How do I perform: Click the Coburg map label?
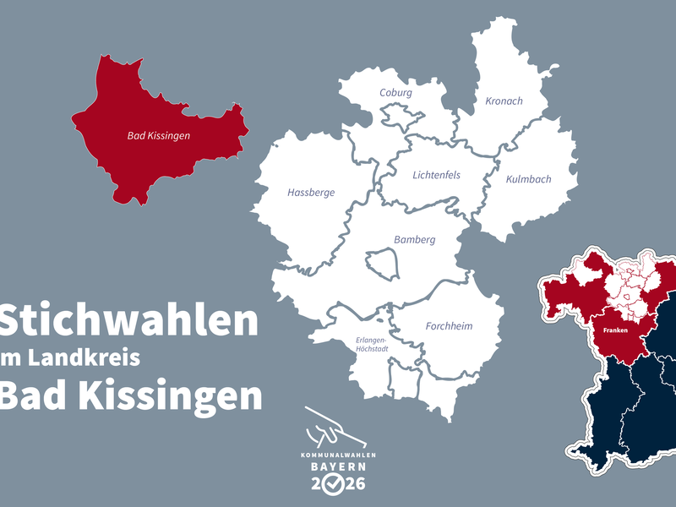pyautogui.click(x=395, y=93)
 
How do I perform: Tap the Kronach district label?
pyautogui.click(x=504, y=101)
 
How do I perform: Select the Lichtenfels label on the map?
pyautogui.click(x=436, y=176)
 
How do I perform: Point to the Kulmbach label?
pyautogui.click(x=528, y=180)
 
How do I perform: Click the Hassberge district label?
pyautogui.click(x=311, y=193)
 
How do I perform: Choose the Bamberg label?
pyautogui.click(x=414, y=240)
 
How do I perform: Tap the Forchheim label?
pyautogui.click(x=449, y=326)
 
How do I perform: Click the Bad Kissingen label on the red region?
pyautogui.click(x=159, y=135)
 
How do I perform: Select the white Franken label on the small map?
pyautogui.click(x=614, y=331)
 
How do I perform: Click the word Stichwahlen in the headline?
pyautogui.click(x=128, y=321)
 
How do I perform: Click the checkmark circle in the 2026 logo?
pyautogui.click(x=336, y=484)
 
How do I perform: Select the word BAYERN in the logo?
pyautogui.click(x=337, y=466)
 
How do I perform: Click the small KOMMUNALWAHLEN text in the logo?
pyautogui.click(x=337, y=455)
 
